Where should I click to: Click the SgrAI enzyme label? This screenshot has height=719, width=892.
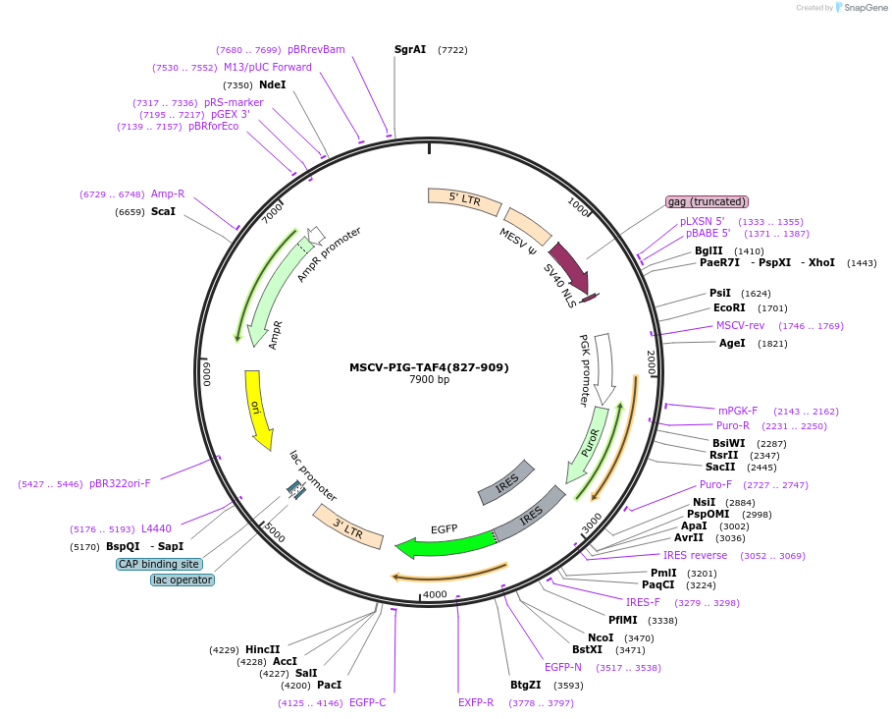click(410, 49)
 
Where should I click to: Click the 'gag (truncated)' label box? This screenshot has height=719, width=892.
click(707, 201)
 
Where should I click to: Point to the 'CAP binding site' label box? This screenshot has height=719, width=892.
click(159, 564)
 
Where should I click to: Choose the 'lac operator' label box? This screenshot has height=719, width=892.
click(183, 580)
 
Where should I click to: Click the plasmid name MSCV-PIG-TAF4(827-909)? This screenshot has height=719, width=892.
click(429, 367)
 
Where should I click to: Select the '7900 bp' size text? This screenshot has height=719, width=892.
click(429, 380)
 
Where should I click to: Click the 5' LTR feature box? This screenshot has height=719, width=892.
click(464, 200)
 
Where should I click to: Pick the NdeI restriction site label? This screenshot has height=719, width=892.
click(272, 85)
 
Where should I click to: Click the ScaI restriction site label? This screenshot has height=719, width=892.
click(163, 211)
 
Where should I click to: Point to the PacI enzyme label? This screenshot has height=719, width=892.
click(329, 685)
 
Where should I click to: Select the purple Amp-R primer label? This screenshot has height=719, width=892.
click(168, 194)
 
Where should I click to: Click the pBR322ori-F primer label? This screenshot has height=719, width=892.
click(120, 483)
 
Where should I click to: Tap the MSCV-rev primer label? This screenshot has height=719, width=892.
click(740, 325)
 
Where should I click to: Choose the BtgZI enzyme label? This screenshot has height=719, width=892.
click(525, 685)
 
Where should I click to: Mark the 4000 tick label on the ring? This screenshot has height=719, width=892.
click(435, 594)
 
